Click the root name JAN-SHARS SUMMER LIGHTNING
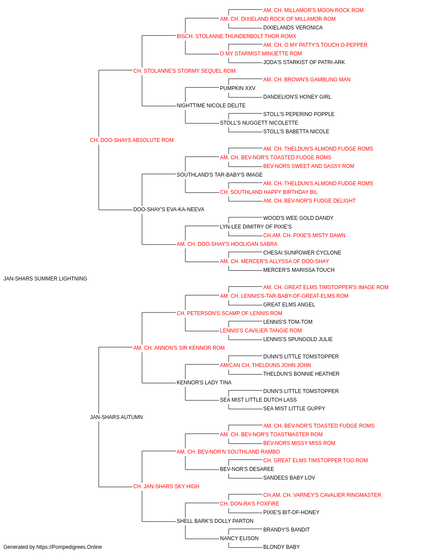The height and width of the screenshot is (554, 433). click(45, 279)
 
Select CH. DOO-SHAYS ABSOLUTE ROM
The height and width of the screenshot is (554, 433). click(132, 140)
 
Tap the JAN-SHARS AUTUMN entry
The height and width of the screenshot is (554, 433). click(116, 417)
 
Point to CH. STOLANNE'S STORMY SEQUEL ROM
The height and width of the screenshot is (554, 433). click(184, 71)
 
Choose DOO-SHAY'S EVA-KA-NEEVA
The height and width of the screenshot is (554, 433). click(169, 209)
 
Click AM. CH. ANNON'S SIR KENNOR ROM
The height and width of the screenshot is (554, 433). click(179, 348)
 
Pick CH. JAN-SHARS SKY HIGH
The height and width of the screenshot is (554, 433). click(166, 486)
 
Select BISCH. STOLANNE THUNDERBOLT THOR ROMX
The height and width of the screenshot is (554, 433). click(236, 36)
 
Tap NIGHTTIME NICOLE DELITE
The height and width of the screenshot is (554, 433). click(211, 106)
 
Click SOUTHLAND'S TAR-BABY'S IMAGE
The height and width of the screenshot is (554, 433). click(220, 174)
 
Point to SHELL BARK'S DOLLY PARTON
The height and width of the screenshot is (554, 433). click(215, 521)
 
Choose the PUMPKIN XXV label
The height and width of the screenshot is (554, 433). click(238, 88)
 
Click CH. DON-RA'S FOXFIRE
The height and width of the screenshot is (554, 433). click(250, 504)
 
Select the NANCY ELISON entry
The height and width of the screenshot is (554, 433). click(239, 538)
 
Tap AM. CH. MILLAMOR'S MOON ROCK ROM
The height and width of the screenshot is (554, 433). click(313, 10)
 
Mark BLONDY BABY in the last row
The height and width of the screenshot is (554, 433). click(281, 547)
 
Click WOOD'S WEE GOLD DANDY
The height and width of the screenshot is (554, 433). click(298, 218)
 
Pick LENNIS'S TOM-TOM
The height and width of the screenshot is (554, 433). click(288, 322)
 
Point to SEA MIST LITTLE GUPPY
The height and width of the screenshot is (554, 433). click(294, 409)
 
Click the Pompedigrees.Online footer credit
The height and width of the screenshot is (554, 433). click(52, 547)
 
